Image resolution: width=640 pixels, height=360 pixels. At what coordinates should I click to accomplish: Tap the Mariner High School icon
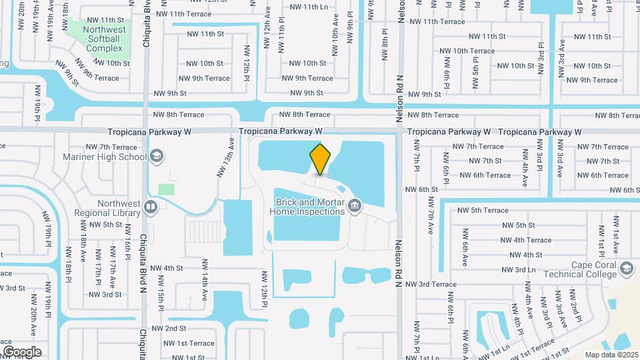click(x=157, y=157)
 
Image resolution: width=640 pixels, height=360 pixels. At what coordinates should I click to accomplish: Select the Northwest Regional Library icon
click(x=151, y=208)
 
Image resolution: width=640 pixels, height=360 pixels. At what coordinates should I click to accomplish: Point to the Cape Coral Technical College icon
click(x=626, y=269)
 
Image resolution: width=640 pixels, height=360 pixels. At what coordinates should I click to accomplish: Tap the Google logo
click(x=22, y=351)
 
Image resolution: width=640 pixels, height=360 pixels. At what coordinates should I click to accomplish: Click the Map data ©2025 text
click(x=611, y=355)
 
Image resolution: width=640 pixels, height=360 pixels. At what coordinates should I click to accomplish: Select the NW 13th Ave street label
click(x=225, y=157)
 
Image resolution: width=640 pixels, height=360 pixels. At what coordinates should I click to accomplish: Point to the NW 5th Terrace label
click(x=480, y=210)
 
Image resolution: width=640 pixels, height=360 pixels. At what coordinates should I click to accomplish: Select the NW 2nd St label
click(x=169, y=329)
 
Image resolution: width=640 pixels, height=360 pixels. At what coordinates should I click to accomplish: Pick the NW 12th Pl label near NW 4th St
click(x=265, y=289)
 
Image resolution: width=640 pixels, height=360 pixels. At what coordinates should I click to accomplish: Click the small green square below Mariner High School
click(x=167, y=189)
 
